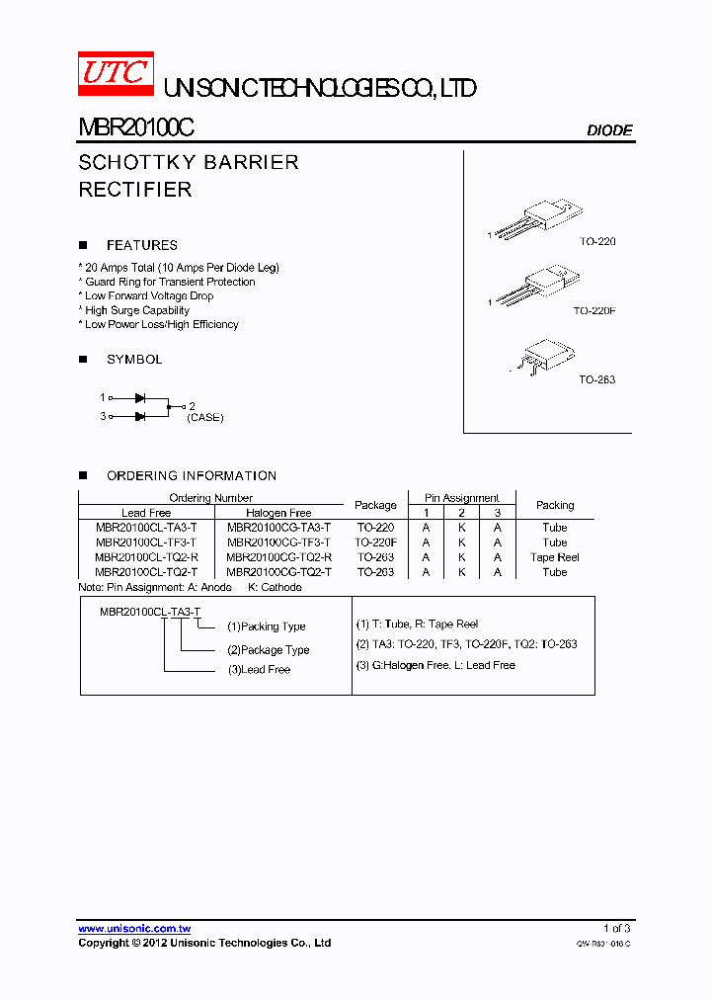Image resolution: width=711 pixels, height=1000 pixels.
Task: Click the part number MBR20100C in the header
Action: point(136,128)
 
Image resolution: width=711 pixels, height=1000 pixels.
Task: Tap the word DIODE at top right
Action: point(609,130)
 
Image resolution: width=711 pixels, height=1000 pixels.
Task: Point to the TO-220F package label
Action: point(594,310)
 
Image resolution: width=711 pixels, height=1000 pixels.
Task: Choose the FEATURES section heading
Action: point(142,245)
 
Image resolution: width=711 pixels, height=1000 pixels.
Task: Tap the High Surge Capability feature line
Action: point(137,310)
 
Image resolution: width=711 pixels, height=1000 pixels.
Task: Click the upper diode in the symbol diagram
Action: point(140,397)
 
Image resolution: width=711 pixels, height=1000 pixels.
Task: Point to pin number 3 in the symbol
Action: point(102,417)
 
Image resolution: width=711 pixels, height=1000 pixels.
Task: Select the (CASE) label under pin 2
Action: point(205,418)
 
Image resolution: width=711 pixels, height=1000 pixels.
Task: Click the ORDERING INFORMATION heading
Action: point(192,475)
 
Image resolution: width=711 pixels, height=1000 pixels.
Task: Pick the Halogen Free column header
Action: point(278,513)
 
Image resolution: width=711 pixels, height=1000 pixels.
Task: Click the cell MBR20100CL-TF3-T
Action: point(146,542)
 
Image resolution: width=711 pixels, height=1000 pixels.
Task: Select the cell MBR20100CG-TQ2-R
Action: point(278,557)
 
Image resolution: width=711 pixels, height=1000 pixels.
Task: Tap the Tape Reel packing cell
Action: point(555,557)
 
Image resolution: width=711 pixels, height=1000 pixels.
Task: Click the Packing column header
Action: point(555,505)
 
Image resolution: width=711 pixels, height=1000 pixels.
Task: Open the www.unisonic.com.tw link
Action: point(134,929)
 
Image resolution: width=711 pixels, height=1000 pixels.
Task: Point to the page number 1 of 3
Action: point(616,929)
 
